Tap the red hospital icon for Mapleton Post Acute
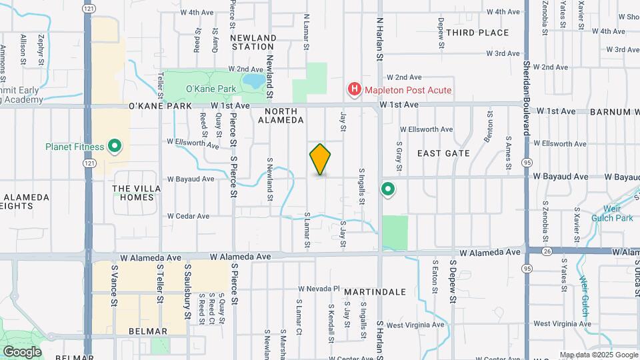coord(354,89)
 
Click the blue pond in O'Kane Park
coord(253,81)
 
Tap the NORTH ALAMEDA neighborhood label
coord(284,115)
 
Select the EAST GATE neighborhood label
coord(443,153)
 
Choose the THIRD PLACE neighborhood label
coord(477,33)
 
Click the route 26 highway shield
coord(528,251)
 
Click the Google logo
coord(22,351)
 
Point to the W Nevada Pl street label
coord(319,289)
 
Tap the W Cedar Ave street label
coord(188,216)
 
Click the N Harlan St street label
coord(380,40)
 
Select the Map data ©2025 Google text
coord(598,355)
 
